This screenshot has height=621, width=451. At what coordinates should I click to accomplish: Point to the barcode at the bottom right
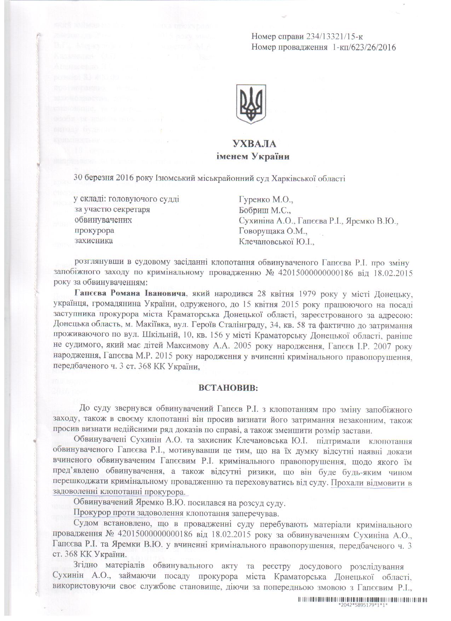pyautogui.click(x=363, y=600)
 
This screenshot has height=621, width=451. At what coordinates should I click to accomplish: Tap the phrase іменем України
pyautogui.click(x=253, y=156)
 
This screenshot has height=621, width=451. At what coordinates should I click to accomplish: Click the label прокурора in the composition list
pyautogui.click(x=94, y=231)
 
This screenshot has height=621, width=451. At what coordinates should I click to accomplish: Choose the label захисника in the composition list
pyautogui.click(x=94, y=241)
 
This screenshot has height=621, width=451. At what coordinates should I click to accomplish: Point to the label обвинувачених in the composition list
pyautogui.click(x=103, y=220)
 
